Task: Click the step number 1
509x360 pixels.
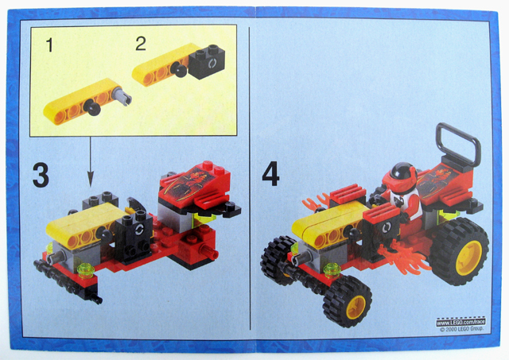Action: point(50,45)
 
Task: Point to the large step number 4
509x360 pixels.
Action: point(271,174)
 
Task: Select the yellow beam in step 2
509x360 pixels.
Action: point(164,65)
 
